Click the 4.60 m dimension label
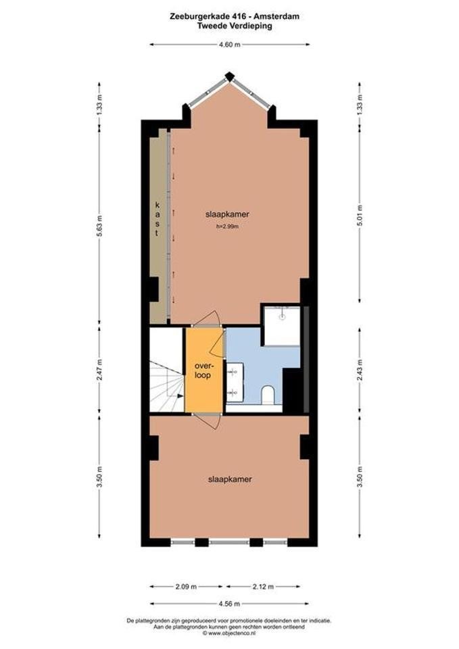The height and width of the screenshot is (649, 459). [x=230, y=45]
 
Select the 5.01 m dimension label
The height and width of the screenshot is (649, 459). [x=360, y=216]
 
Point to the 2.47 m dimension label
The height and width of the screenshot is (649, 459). [x=100, y=370]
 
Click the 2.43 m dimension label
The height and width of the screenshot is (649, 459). [x=360, y=370]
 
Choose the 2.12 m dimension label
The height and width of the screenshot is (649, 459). [x=263, y=587]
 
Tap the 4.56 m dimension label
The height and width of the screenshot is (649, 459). [x=229, y=604]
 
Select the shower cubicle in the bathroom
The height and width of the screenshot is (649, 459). [x=282, y=326]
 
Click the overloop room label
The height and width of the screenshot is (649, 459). [x=203, y=371]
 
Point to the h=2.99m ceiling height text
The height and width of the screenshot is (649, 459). [x=227, y=226]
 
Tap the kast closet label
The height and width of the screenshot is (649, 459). [x=157, y=219]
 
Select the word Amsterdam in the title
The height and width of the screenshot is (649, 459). [x=276, y=16]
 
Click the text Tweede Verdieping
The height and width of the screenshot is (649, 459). [x=235, y=26]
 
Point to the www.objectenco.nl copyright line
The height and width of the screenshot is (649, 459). [x=229, y=633]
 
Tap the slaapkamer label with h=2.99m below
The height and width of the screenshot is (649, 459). [x=227, y=214]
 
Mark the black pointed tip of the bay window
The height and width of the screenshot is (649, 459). [x=229, y=76]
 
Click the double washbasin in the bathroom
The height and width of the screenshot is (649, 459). [x=235, y=381]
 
